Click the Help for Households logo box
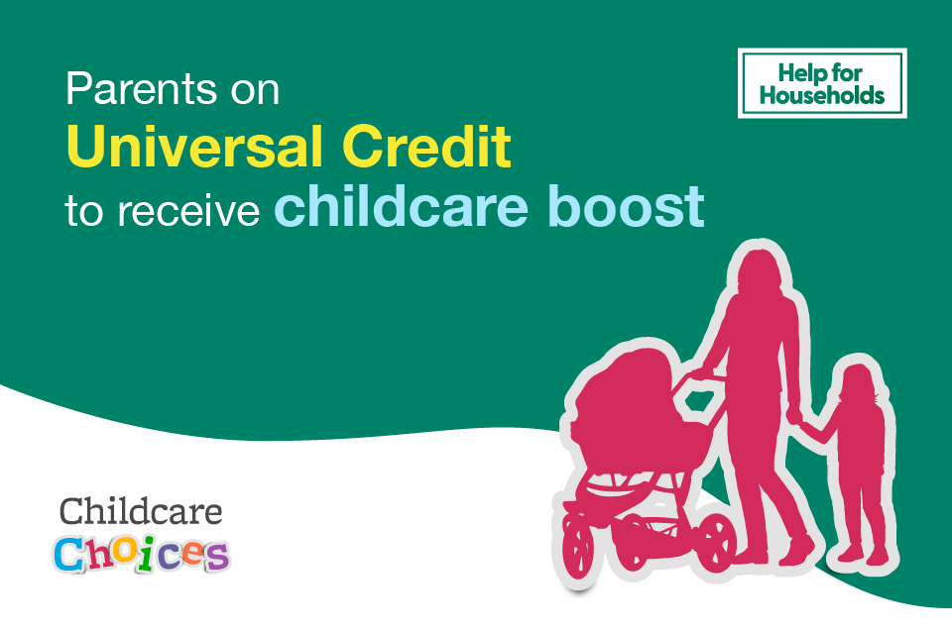click(822, 82)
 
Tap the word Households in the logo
click(822, 96)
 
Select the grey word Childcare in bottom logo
click(141, 511)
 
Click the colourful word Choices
click(141, 554)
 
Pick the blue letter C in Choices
click(71, 555)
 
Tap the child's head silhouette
click(855, 381)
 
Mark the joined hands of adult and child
click(793, 417)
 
